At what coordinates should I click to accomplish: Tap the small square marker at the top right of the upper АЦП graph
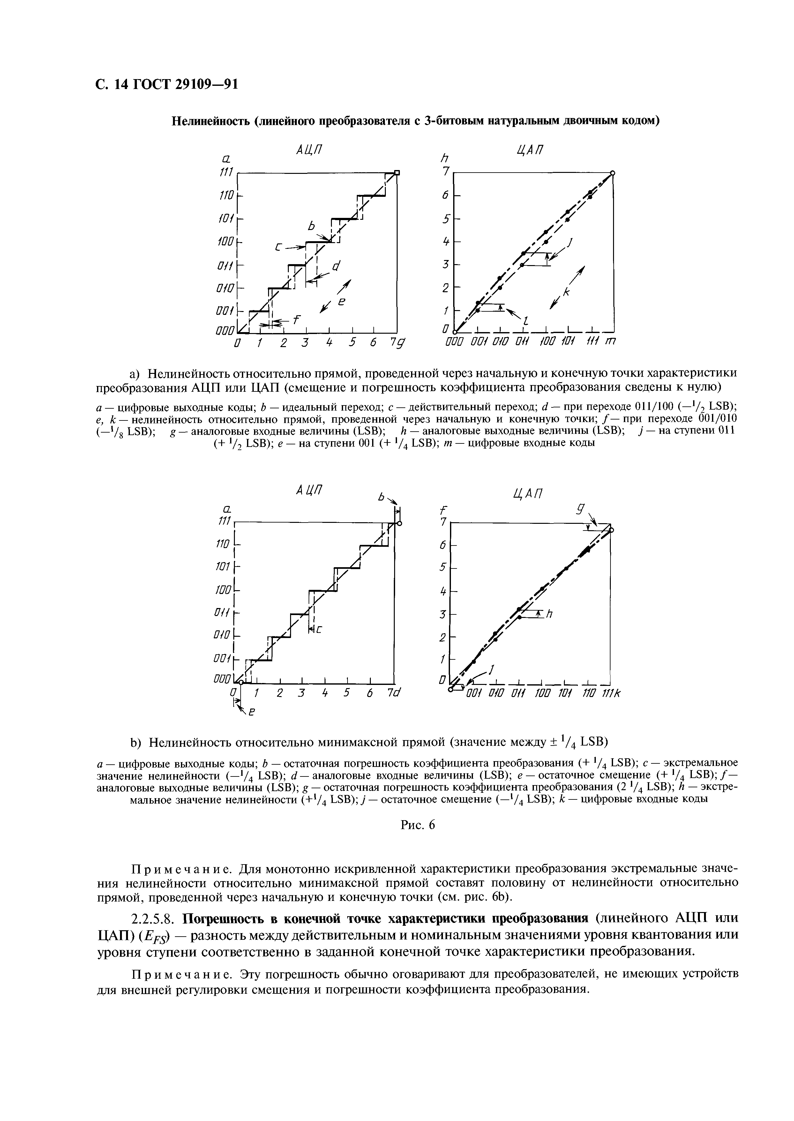[397, 172]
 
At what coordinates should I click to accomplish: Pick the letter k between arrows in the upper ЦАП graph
[567, 292]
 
